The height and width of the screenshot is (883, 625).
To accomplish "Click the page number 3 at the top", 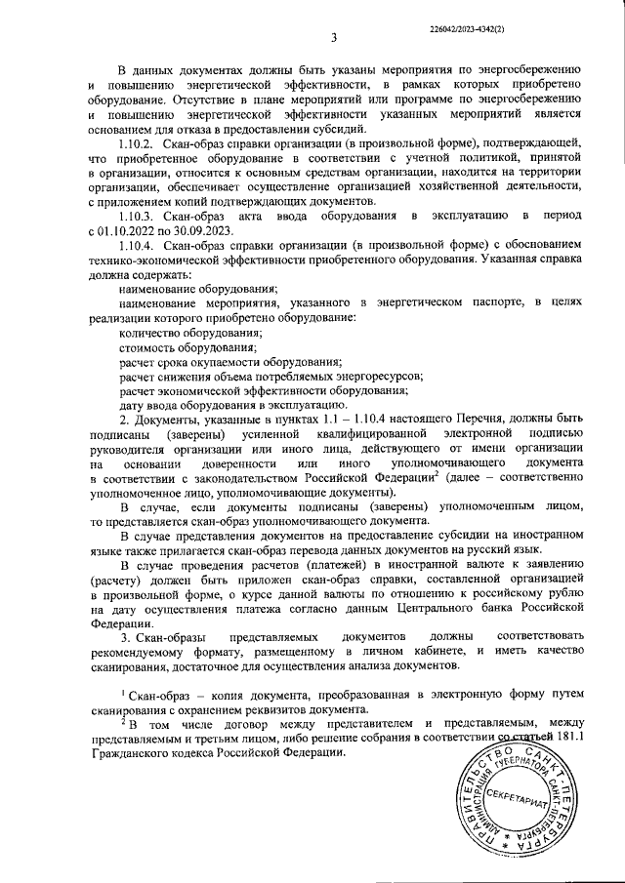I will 333,39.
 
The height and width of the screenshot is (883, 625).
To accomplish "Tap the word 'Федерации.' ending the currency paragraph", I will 121,622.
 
